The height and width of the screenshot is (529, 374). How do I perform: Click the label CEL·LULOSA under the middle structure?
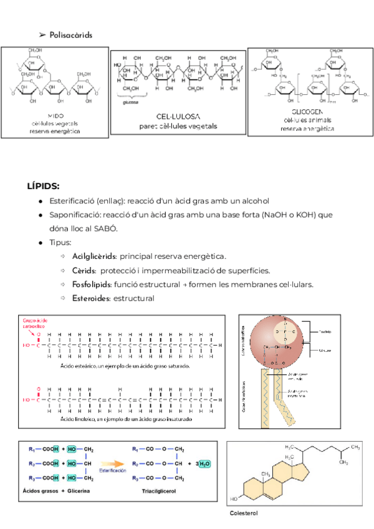pyautogui.click(x=178, y=117)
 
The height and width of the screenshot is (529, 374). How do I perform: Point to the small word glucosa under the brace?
pyautogui.click(x=131, y=103)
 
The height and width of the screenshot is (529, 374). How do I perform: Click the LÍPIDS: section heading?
pyautogui.click(x=44, y=186)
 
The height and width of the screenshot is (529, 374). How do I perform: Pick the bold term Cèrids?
pyautogui.click(x=84, y=270)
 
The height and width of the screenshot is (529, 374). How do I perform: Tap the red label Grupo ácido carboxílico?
pyautogui.click(x=34, y=321)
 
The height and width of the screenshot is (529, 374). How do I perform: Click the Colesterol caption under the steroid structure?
pyautogui.click(x=244, y=513)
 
